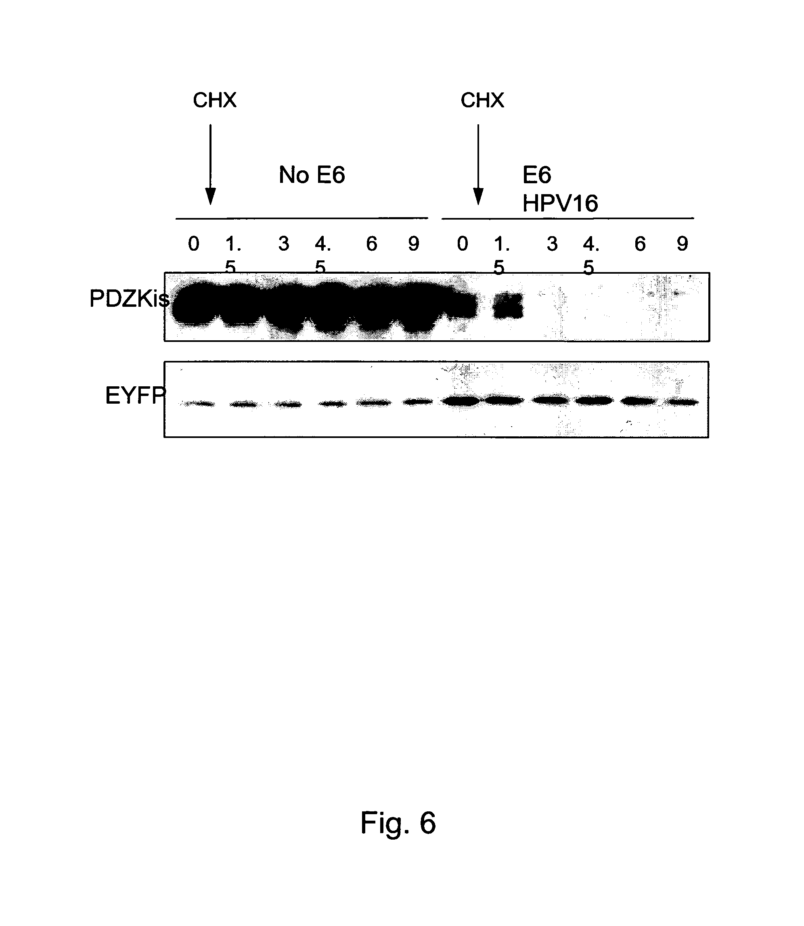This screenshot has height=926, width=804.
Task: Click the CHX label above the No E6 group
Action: point(214,100)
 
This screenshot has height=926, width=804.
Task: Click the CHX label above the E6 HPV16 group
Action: point(482,100)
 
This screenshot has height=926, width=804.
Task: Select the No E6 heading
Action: point(312,174)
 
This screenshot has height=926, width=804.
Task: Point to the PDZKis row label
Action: point(129,298)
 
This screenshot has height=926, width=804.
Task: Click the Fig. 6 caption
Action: point(398,823)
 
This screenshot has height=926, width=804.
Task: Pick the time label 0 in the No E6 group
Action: point(193,244)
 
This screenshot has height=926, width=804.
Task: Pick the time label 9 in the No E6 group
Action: point(414,244)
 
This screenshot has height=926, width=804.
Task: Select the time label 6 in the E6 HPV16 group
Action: point(640,244)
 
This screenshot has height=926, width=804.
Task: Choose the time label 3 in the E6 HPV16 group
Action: point(552,244)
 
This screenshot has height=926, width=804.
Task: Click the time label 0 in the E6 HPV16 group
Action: point(463,244)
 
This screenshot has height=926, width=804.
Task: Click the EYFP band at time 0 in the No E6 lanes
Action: point(198,404)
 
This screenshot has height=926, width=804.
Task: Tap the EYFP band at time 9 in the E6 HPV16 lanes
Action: point(682,402)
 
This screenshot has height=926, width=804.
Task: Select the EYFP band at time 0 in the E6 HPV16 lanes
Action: point(461,401)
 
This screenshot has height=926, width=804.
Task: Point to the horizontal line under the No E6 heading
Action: point(301,218)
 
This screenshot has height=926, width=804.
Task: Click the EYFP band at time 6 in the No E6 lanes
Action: point(373,403)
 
